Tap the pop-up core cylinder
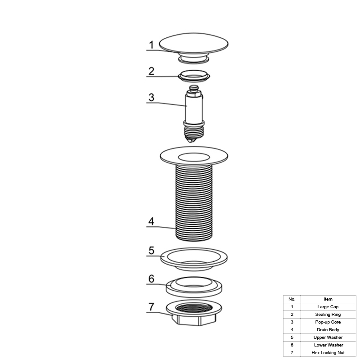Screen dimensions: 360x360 [x=194, y=108]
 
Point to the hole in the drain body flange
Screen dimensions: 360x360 [x=194, y=157]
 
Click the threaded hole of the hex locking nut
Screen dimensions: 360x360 [x=194, y=308]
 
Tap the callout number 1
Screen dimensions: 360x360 [x=151, y=45]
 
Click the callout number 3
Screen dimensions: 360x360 [x=151, y=97]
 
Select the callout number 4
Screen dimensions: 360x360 [x=151, y=221]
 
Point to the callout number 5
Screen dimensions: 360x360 [x=151, y=251]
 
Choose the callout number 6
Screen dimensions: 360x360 [x=151, y=279]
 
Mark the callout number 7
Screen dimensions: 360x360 [x=151, y=307]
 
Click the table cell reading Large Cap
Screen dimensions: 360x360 [x=328, y=307]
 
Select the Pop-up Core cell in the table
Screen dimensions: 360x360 [x=328, y=322]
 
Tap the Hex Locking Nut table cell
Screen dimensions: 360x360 [x=328, y=353]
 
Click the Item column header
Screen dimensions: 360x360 [x=328, y=299]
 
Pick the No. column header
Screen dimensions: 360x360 [x=292, y=299]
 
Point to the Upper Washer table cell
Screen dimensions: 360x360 [x=328, y=337]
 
